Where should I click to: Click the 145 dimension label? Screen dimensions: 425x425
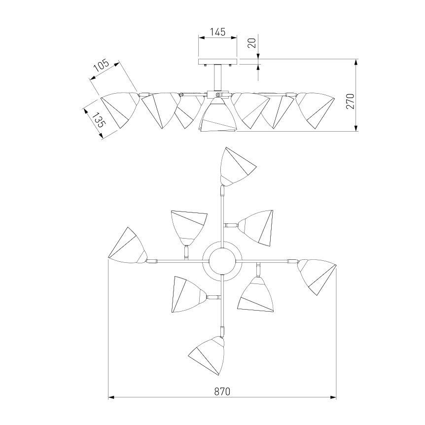(218, 32)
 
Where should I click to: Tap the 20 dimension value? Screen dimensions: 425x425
(252, 43)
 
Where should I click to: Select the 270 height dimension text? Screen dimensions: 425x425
(350, 101)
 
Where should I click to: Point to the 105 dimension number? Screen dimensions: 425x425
(101, 66)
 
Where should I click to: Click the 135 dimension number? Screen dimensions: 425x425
(98, 120)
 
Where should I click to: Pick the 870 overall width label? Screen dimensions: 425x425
(222, 391)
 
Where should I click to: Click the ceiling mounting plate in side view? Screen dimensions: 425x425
(218, 62)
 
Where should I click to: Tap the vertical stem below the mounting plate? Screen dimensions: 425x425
(217, 77)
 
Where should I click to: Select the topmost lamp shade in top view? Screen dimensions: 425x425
(236, 167)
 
